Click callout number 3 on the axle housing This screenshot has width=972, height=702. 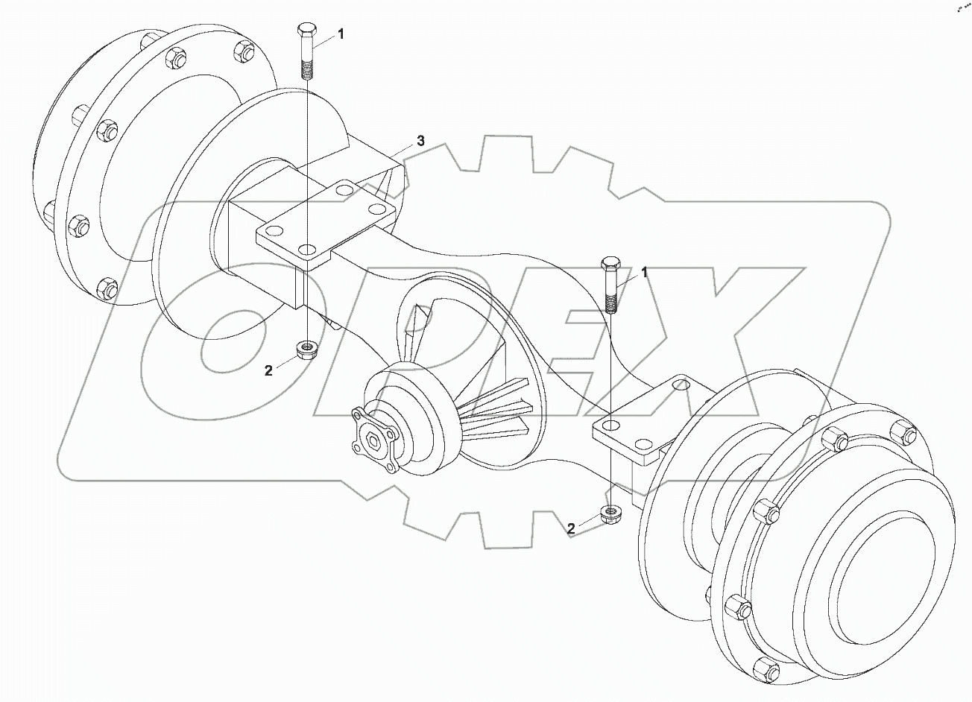click(x=420, y=140)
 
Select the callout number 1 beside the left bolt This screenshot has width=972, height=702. click(x=341, y=34)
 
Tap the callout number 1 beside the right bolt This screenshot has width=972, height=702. click(x=644, y=273)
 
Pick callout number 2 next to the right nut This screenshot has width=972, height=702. click(x=571, y=528)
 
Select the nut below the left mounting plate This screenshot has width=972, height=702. click(x=306, y=348)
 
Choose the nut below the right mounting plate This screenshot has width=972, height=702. click(x=610, y=514)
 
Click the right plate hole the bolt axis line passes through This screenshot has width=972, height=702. click(x=610, y=426)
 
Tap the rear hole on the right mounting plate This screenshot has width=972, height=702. click(x=678, y=385)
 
